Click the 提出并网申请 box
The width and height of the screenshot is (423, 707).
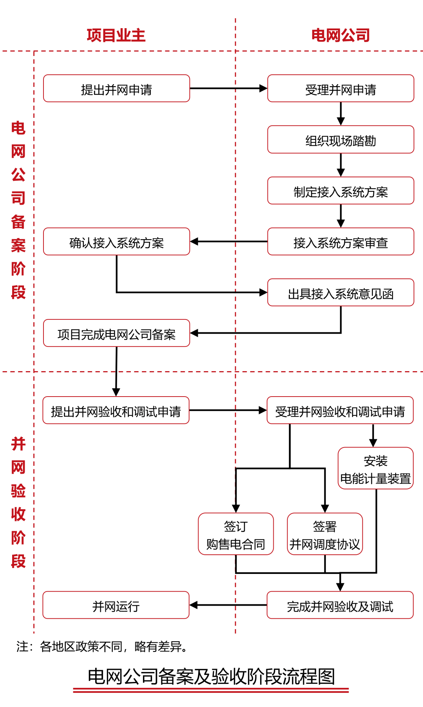116,88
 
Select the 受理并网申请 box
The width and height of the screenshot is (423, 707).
340,88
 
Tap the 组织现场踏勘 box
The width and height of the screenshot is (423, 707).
340,139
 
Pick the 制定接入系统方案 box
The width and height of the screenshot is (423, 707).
340,191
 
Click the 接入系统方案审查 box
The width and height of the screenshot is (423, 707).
340,242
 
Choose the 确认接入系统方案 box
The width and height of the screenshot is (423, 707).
116,242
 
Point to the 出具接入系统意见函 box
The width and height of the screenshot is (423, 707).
340,292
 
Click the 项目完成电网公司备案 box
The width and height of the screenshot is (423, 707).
116,333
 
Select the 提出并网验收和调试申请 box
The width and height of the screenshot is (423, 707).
116,410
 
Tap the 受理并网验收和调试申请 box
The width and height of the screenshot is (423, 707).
340,410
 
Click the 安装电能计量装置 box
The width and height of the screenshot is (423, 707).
376,468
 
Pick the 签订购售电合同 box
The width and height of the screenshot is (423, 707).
236,534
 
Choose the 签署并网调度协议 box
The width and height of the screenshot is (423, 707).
325,534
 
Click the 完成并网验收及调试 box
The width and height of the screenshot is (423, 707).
340,605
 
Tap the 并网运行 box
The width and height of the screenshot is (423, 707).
116,605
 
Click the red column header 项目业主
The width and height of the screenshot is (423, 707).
116,35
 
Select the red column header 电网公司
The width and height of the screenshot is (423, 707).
340,35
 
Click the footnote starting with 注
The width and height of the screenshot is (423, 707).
102,646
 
